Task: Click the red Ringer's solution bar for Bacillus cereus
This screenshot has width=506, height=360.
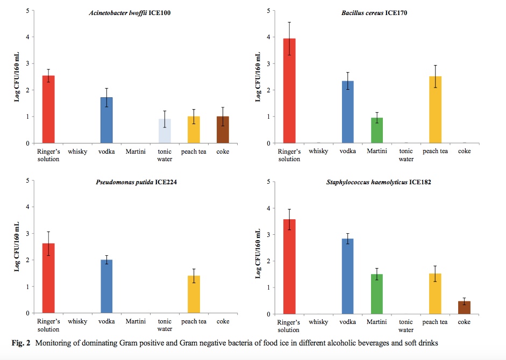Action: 289,91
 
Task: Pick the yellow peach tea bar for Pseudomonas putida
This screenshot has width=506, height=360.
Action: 194,294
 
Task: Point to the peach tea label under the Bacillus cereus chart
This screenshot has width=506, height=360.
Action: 435,152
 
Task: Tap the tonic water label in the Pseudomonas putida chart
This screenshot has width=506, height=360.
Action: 165,325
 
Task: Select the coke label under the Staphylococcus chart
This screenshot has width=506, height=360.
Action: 464,322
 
